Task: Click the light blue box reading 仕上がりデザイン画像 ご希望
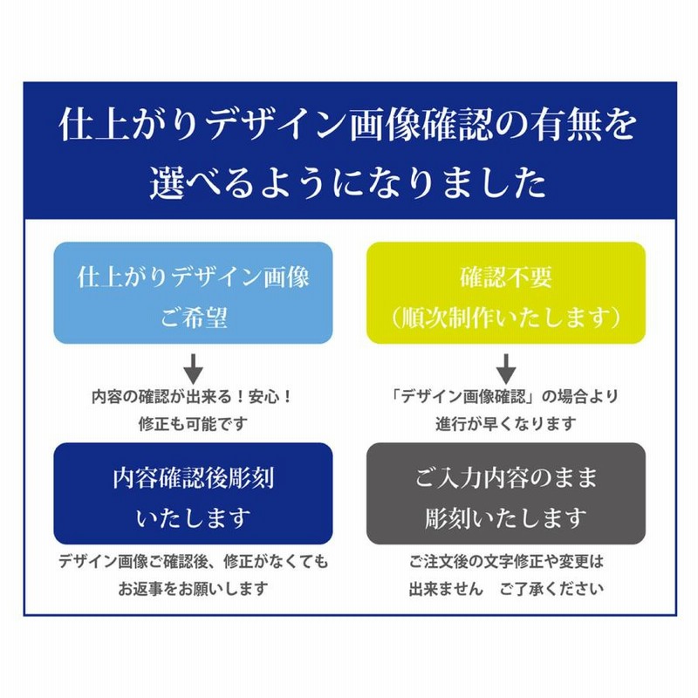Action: [193, 293]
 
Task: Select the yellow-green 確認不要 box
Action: [506, 293]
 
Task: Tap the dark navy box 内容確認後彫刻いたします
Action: [193, 494]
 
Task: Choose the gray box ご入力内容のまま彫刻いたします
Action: [506, 494]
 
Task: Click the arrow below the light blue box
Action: [194, 369]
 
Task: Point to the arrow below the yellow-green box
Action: [506, 369]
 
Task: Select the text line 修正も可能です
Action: [193, 424]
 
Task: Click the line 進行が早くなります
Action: [506, 424]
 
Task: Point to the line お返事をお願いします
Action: [193, 588]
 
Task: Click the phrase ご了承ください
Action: [551, 588]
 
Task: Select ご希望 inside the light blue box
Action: [194, 318]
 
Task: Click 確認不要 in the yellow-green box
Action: [506, 277]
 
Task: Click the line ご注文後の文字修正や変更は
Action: [506, 561]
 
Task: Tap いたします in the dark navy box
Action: [193, 518]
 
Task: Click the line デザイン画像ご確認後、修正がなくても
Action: [193, 561]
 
